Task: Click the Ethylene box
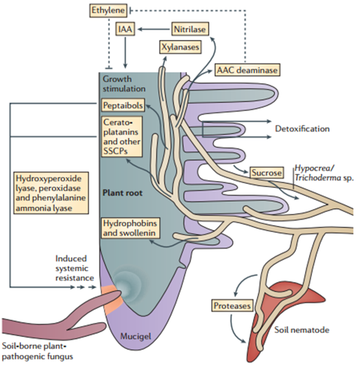tap(108, 11)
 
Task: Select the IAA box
tap(125, 29)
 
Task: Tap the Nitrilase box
tap(190, 29)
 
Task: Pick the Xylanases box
tap(180, 47)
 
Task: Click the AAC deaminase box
tap(247, 70)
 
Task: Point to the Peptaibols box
tap(123, 105)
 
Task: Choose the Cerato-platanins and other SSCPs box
tap(122, 136)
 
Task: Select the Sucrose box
tap(267, 172)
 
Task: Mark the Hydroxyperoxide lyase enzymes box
tap(51, 193)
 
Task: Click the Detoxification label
tap(302, 129)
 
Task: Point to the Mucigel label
tap(136, 336)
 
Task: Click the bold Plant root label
tap(122, 193)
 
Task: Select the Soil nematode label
tap(302, 330)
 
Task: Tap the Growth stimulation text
tap(124, 84)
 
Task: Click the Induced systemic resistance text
tap(75, 268)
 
